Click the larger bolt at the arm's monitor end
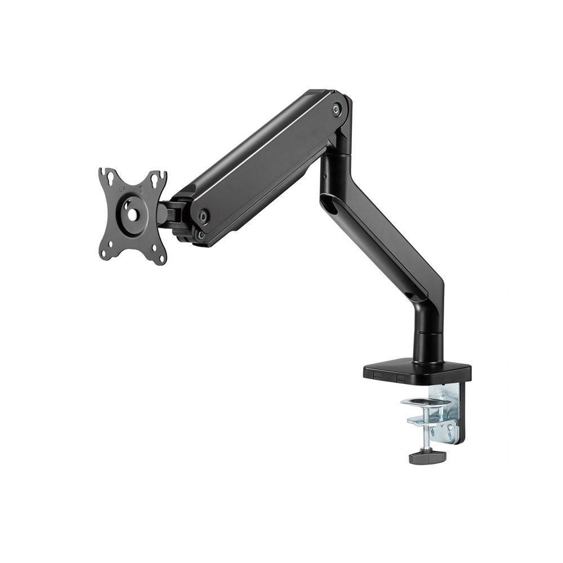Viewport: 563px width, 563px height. click(204, 215)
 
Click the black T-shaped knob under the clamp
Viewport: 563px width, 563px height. click(427, 455)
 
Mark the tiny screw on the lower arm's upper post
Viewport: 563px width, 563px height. click(326, 174)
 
